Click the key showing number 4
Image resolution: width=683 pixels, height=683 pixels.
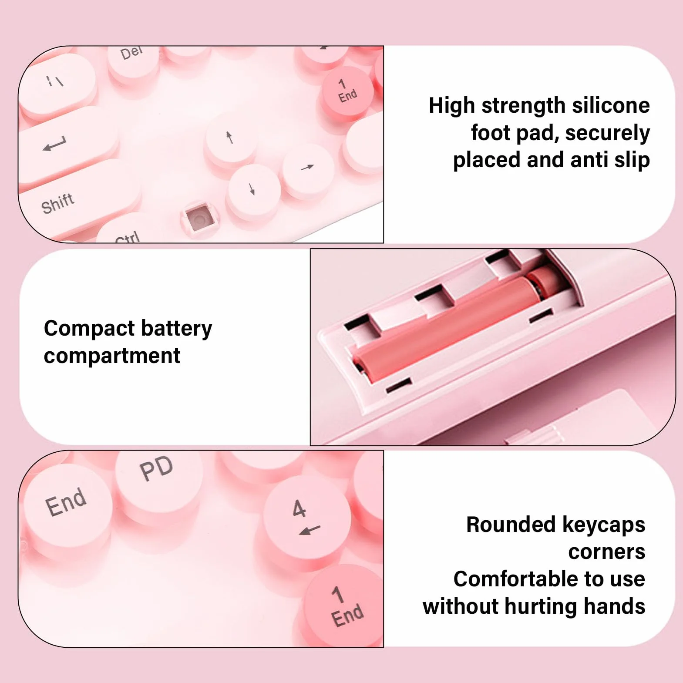click(306, 520)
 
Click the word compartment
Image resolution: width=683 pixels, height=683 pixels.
click(112, 357)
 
